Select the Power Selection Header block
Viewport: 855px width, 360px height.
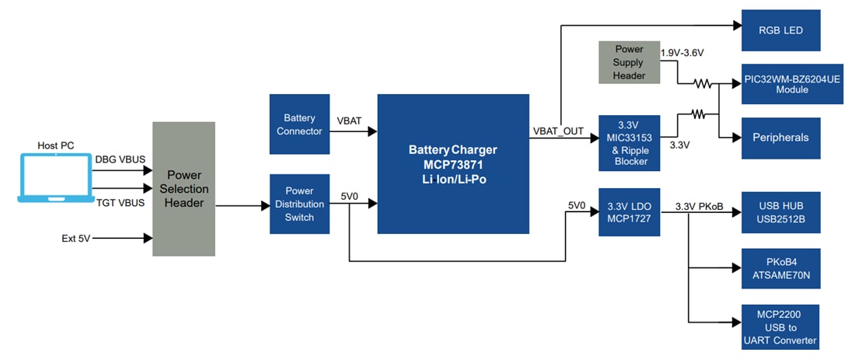coord(183,189)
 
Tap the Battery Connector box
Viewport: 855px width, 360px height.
coord(299,124)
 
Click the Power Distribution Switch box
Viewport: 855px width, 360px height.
coord(299,204)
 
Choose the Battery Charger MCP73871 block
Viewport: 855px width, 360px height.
coord(452,163)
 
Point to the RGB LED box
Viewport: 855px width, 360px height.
coord(780,30)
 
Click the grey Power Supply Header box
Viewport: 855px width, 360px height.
coord(629,63)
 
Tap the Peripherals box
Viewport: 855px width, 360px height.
coord(780,138)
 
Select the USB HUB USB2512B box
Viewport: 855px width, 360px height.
coord(780,212)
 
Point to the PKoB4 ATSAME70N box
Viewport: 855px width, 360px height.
coord(780,267)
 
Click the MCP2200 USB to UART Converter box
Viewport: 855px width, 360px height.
coord(780,327)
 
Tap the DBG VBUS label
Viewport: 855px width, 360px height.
coord(117,159)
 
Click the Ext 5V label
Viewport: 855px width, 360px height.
coord(76,238)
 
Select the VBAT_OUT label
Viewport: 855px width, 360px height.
coord(558,131)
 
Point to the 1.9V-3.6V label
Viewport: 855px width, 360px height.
coord(682,53)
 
